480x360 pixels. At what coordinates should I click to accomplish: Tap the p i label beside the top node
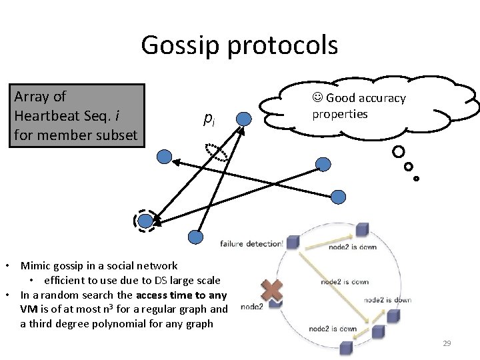point(209,119)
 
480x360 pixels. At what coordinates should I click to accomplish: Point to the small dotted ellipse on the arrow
point(216,152)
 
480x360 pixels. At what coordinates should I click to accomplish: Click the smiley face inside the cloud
point(318,98)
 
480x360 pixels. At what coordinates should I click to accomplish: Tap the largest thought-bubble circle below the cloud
point(399,151)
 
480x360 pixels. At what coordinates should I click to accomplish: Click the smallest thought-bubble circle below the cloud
point(417,178)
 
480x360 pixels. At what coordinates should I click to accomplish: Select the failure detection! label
point(255,244)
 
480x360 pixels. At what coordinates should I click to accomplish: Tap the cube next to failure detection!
point(362,230)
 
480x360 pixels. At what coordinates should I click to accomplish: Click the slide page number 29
point(447,343)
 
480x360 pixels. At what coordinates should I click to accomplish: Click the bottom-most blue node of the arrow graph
point(195,237)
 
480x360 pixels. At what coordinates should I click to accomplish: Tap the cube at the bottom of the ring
point(346,347)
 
